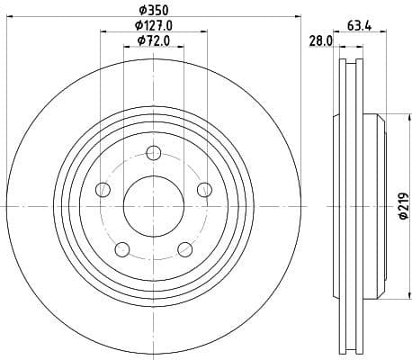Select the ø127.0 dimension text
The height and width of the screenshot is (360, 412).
click(153, 26)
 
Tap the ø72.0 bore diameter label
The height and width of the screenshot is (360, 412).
click(153, 42)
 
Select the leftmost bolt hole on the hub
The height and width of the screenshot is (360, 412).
click(103, 189)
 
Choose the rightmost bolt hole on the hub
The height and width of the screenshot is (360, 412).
click(204, 189)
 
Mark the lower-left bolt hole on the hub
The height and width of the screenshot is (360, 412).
click(122, 248)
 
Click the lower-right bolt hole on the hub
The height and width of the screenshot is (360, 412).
click(184, 248)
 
